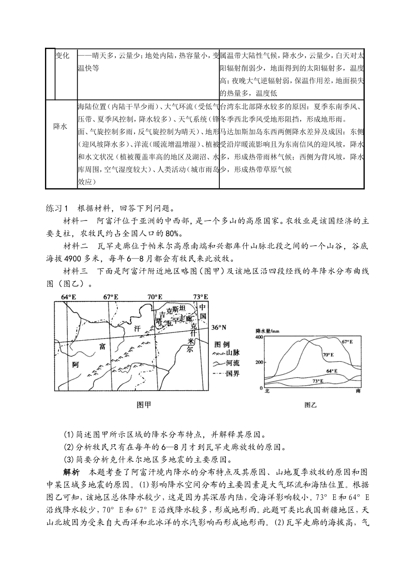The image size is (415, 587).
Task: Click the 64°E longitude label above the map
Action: (68, 297)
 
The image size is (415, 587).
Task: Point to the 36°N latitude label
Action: (220, 327)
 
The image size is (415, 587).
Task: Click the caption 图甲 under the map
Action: (144, 405)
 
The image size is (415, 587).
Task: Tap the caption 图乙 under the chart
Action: (311, 405)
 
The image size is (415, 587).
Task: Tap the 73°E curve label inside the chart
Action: (318, 381)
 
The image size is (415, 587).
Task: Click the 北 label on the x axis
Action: (267, 391)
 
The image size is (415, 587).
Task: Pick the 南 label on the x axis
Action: (359, 391)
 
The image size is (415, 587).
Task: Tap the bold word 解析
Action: (71, 473)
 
